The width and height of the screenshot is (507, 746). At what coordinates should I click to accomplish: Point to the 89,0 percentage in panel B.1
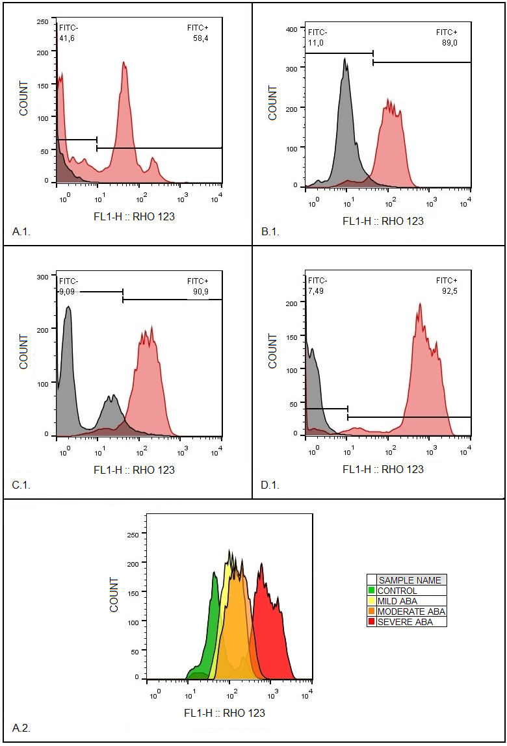pos(447,42)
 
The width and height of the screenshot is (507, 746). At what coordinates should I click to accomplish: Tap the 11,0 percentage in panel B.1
pos(315,42)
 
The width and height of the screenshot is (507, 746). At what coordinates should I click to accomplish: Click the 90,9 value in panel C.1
pos(200,292)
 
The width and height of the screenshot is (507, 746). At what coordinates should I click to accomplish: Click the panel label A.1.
pos(21,231)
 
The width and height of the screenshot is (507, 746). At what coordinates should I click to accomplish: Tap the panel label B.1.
pos(270,231)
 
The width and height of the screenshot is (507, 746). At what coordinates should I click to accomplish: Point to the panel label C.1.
pos(21,485)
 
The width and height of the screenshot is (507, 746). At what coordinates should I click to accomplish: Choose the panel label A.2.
pos(21,728)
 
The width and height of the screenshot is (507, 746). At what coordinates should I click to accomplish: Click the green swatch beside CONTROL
pos(372,591)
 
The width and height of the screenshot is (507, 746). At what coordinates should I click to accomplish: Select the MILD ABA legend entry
pos(398,601)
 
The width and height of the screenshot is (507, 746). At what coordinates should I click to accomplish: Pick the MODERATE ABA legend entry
pos(411,611)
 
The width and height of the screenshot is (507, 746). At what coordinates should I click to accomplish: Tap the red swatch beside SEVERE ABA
pos(372,622)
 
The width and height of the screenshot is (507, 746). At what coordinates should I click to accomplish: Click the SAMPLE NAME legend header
pos(409,580)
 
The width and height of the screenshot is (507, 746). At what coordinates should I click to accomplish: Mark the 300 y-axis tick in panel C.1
pos(42,276)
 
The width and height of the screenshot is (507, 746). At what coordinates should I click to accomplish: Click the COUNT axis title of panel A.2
pos(114,595)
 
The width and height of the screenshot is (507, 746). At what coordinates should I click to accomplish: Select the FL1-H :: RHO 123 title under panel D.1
pos(383,469)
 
